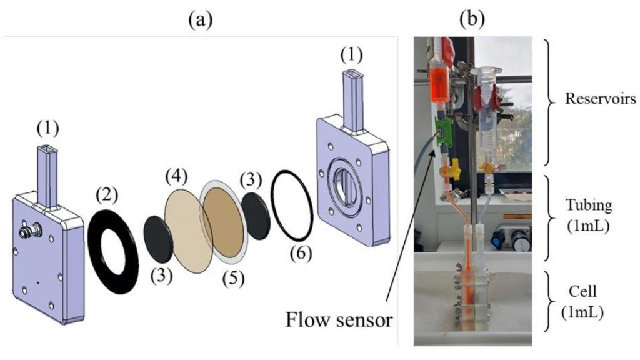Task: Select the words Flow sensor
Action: pos(339,321)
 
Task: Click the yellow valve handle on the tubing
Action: pos(447,169)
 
